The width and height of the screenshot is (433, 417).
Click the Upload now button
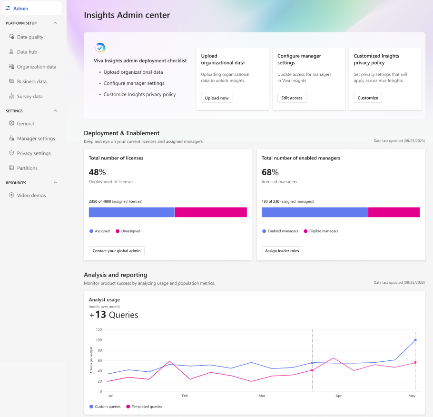pyautogui.click(x=216, y=98)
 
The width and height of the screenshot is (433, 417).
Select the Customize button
pyautogui.click(x=368, y=98)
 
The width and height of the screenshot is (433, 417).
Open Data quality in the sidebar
pyautogui.click(x=30, y=37)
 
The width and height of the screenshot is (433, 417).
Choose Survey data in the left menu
pyautogui.click(x=30, y=97)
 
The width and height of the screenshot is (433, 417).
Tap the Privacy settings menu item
pyautogui.click(x=33, y=153)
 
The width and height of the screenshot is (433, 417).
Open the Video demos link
pyautogui.click(x=31, y=196)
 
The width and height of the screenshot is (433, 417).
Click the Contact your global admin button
pyautogui.click(x=117, y=251)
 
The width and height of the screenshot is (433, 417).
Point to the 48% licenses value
pyautogui.click(x=98, y=172)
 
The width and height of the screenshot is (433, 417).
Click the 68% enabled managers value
pyautogui.click(x=270, y=172)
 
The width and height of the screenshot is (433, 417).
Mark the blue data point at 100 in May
pyautogui.click(x=415, y=340)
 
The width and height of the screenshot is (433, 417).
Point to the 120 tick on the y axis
pyautogui.click(x=99, y=329)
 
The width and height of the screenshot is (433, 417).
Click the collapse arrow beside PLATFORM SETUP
pyautogui.click(x=55, y=23)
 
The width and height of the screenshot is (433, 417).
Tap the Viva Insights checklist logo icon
pyautogui.click(x=100, y=48)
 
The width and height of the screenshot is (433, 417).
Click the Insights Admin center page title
pyautogui.click(x=127, y=15)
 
